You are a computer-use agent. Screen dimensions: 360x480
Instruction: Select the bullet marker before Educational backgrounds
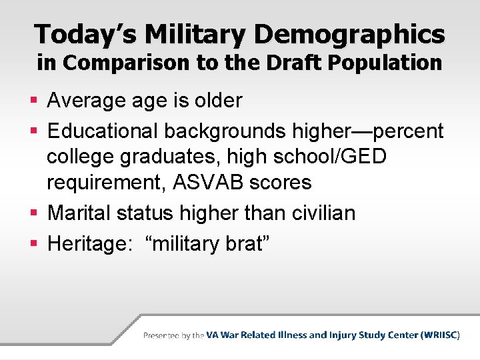(x=36, y=131)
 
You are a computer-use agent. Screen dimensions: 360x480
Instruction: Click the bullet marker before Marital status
(x=36, y=213)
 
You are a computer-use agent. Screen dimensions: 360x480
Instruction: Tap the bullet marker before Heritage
(x=36, y=243)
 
